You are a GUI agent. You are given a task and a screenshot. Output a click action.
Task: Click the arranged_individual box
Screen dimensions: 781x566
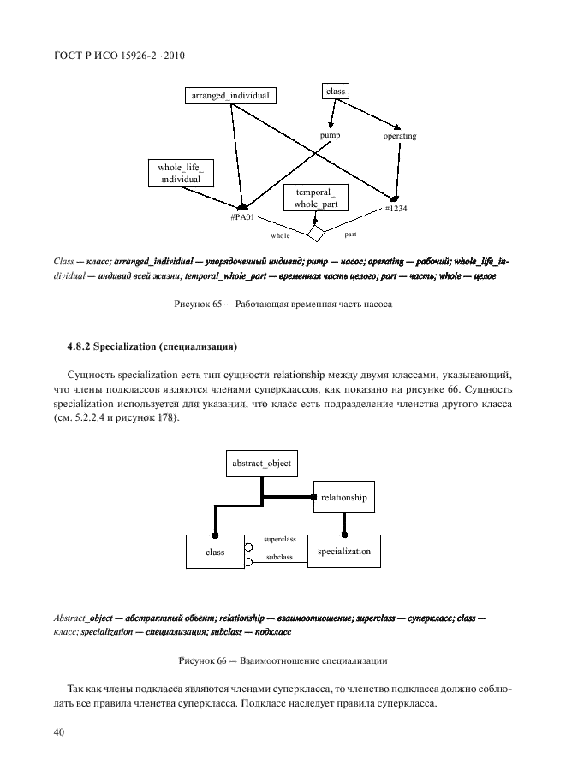[x=230, y=96]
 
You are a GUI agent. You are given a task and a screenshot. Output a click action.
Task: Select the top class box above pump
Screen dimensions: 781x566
[x=337, y=91]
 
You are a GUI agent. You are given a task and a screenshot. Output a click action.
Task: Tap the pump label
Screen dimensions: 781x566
[x=331, y=136]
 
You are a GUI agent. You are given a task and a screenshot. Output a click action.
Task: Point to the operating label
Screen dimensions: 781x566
[x=399, y=136]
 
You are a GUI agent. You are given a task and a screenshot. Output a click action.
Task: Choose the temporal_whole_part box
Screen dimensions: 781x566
[x=315, y=199]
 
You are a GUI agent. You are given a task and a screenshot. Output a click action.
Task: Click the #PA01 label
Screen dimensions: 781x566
[x=243, y=218]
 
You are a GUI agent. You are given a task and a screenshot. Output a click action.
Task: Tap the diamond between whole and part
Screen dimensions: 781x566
[x=316, y=233]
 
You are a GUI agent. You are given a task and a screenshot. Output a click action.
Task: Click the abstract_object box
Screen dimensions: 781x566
[x=261, y=464]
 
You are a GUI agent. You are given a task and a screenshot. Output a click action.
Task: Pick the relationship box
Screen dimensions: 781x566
[x=344, y=497]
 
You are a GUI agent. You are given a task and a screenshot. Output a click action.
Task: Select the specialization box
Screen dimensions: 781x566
[x=344, y=552]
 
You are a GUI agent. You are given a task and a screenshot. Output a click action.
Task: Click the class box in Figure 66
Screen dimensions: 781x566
[x=215, y=553]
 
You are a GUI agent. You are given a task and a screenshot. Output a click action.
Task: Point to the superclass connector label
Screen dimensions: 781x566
[x=280, y=539]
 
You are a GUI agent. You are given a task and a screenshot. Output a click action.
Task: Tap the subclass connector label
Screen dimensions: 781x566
[x=280, y=557]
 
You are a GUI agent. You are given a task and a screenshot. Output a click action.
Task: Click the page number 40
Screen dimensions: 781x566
[x=60, y=732]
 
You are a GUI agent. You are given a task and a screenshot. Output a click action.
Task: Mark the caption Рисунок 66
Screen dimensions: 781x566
[x=283, y=661]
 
